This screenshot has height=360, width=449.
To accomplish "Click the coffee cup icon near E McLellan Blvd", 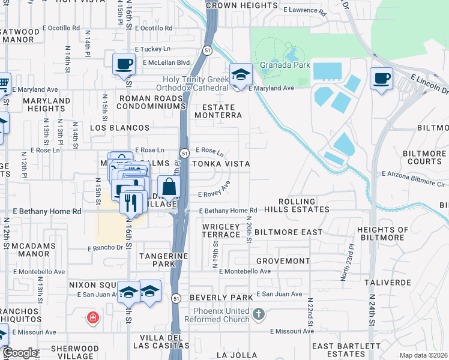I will pos(124,63).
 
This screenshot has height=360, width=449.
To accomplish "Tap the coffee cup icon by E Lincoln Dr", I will pos(381,77).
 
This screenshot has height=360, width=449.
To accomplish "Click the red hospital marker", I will pos(92,317).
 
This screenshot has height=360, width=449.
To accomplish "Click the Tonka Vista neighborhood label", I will pos(220,164).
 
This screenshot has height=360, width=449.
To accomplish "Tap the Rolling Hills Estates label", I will pos(304,205).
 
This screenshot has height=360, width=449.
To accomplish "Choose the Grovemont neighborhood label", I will pos(282,262).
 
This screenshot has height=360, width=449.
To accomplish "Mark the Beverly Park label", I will pos(221,298).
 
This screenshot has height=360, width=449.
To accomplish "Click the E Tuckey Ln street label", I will pos(152,49).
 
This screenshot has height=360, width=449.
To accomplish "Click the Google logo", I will pos(20,353).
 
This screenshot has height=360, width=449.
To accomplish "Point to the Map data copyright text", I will pos(423,355).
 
